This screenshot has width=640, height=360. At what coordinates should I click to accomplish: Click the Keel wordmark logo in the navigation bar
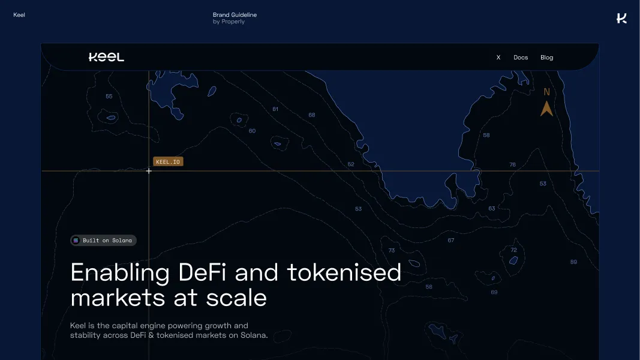[106, 58]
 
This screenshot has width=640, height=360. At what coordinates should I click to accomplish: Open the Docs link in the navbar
[521, 58]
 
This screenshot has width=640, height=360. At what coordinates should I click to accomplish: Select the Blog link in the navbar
[546, 58]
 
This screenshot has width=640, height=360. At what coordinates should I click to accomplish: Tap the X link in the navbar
[498, 58]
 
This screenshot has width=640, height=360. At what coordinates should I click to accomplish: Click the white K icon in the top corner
[621, 18]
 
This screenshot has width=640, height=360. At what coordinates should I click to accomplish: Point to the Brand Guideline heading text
[235, 14]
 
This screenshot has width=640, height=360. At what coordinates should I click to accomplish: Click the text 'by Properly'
[229, 22]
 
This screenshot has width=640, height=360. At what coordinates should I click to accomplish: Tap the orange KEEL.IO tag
[168, 161]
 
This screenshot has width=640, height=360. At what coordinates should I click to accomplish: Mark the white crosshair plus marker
[149, 171]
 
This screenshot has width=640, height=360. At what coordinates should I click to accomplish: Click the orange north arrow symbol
[546, 109]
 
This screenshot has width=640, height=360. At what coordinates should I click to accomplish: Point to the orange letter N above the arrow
[546, 92]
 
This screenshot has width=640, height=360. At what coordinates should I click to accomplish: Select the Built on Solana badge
[103, 241]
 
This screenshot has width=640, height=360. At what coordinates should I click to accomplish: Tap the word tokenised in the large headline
[344, 273]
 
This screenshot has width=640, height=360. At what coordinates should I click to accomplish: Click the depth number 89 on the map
[573, 262]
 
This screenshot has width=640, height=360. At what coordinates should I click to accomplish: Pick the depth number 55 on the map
[109, 97]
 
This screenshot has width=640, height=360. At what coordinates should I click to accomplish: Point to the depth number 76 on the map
[512, 164]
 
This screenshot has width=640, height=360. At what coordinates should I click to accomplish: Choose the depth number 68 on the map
[312, 115]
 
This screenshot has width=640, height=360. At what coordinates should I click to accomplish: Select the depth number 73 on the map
[392, 251]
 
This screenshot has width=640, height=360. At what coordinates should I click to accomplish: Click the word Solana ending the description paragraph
[252, 335]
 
